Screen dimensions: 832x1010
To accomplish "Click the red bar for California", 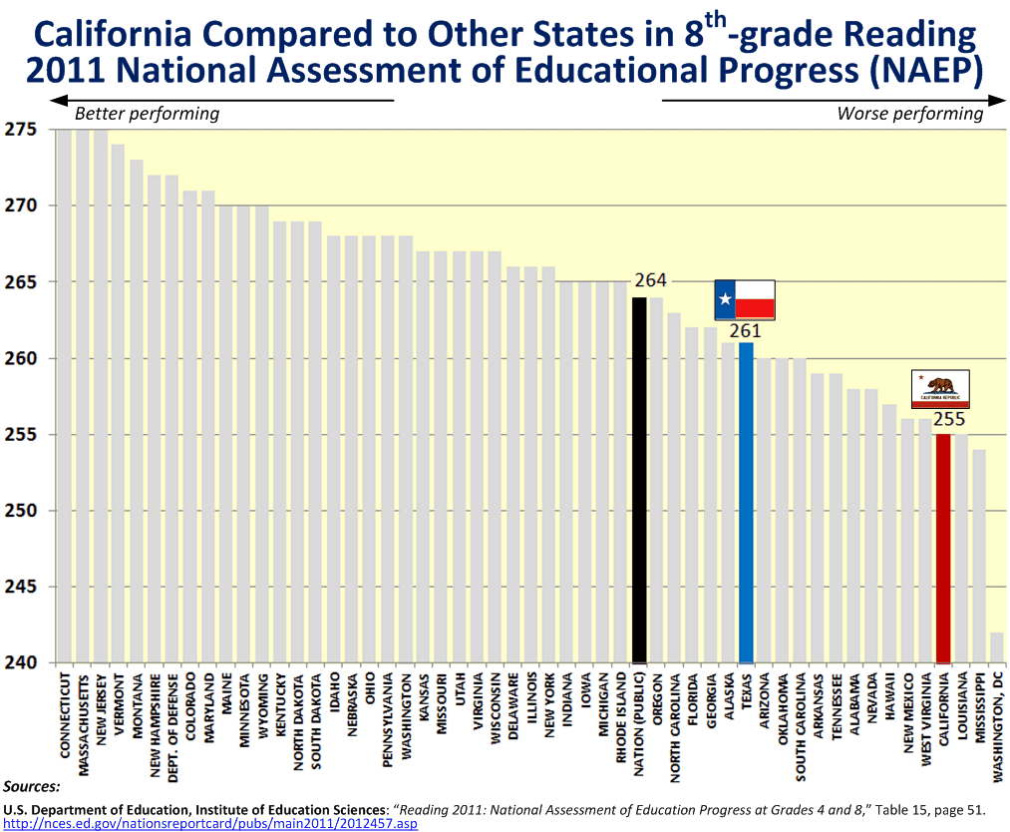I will (943, 548).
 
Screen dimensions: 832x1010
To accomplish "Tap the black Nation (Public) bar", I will (639, 480).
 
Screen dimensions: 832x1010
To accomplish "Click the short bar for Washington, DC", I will (997, 647).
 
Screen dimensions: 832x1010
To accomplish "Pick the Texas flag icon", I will (745, 299).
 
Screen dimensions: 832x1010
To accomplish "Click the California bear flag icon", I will (941, 389).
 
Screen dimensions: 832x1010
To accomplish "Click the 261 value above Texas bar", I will (745, 331).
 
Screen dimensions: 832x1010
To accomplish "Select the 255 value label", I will (948, 419).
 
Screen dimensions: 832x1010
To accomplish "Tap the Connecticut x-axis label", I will (65, 717).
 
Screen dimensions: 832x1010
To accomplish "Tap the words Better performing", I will (147, 113).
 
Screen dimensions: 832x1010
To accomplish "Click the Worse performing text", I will (909, 113).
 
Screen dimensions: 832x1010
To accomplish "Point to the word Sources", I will (32, 787).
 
